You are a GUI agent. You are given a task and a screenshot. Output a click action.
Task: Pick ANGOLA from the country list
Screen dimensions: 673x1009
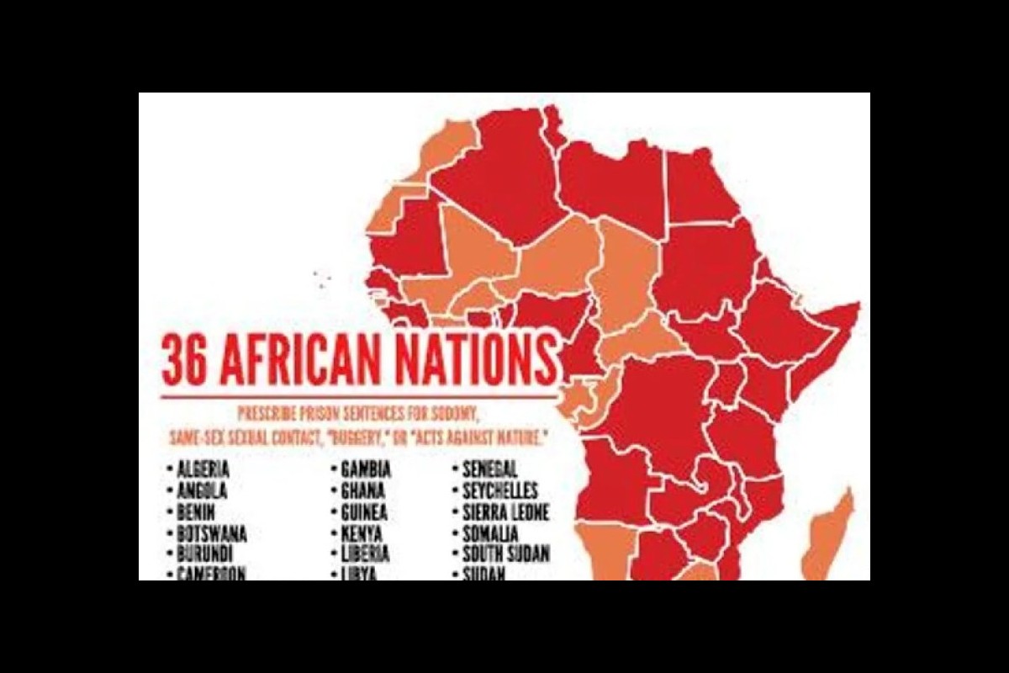(x=201, y=491)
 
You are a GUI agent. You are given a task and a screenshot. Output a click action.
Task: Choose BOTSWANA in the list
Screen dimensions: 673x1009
(x=211, y=533)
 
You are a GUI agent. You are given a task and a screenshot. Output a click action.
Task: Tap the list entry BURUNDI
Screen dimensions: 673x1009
(x=204, y=554)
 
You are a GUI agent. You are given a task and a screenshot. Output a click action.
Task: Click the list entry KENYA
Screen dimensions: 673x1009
(x=362, y=533)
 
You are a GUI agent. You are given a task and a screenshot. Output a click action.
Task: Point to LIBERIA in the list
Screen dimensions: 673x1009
(x=365, y=554)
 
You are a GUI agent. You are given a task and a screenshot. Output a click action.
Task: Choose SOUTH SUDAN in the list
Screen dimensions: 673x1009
(x=505, y=554)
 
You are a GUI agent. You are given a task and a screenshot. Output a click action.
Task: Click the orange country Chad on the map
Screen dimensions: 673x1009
(x=626, y=269)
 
